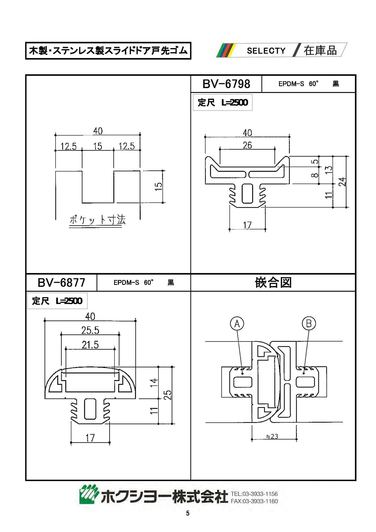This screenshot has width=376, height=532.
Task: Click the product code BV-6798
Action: click(226, 84)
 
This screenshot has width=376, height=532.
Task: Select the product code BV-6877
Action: click(61, 282)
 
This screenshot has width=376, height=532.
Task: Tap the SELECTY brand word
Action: click(266, 51)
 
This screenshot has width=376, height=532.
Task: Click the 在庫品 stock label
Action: click(320, 50)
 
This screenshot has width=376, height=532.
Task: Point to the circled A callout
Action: click(237, 323)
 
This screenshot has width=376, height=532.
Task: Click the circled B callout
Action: click(309, 323)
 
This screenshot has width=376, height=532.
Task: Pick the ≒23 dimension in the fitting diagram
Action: click(272, 437)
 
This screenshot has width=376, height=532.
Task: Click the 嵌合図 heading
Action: click(273, 282)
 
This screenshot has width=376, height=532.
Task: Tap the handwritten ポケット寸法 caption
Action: click(97, 220)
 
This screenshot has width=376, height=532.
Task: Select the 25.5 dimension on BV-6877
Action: click(90, 330)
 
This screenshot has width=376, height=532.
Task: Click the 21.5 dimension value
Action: click(90, 345)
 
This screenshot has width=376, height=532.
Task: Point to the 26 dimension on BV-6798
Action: click(247, 145)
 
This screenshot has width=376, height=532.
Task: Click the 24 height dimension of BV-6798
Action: click(342, 181)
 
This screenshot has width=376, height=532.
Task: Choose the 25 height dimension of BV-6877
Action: click(168, 395)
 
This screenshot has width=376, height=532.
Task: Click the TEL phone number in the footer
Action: click(254, 494)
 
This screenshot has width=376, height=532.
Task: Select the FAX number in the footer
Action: click(254, 501)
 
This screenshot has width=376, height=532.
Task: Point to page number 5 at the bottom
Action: click(188, 513)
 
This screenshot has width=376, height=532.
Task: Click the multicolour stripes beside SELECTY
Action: click(226, 50)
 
